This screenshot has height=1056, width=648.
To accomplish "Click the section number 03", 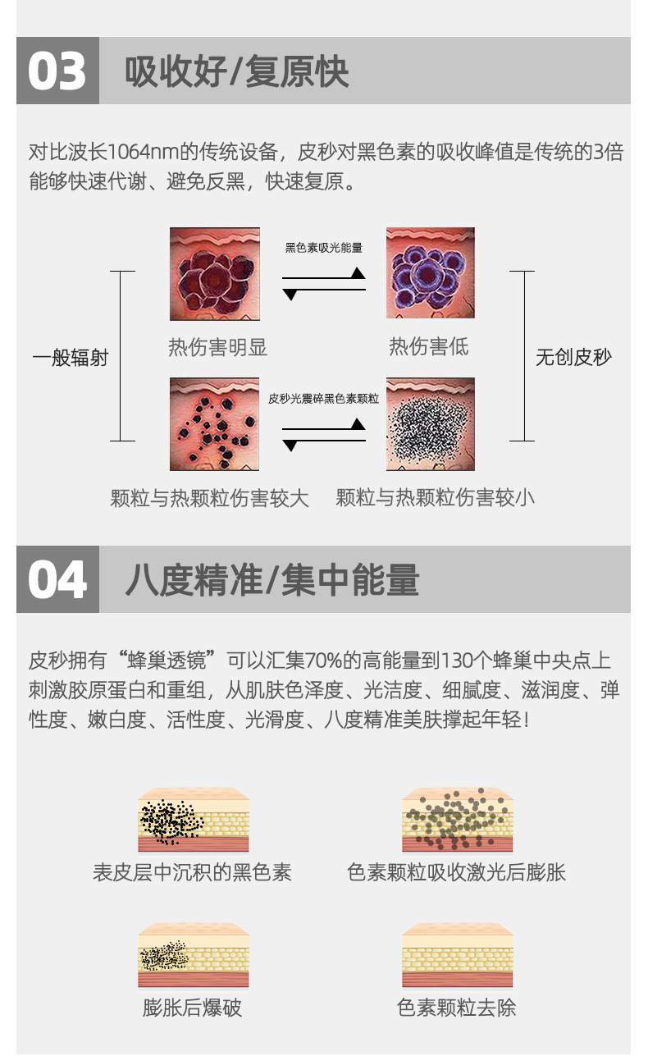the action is pos(57,71).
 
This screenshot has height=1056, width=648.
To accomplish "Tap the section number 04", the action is pos(57,580).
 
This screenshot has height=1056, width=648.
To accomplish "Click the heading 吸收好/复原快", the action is pos(237,71).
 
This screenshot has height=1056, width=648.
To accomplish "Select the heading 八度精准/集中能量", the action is pos(272,580).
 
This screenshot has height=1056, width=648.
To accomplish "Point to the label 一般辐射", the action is pos(71,358).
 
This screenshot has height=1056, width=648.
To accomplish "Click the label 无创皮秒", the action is pos(573,358).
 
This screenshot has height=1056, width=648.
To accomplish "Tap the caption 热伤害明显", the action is pos(217,347).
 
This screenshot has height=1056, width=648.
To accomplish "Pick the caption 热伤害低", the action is pos(428,347).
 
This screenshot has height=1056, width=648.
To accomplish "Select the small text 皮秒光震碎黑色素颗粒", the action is pos(323,399).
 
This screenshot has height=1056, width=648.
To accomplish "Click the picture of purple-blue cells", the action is pos(430,273).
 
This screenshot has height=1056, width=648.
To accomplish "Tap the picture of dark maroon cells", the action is pos(214,273).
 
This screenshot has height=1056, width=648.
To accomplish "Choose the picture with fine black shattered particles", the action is pos(430,423).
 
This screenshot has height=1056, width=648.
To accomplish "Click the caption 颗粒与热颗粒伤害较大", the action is pos(209,497).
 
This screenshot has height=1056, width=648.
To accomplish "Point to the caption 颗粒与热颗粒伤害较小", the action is pos(435,497).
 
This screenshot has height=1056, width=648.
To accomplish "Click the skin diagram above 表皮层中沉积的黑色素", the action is pos(193,820).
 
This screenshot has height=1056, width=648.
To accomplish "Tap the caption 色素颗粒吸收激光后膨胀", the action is pos(456,872).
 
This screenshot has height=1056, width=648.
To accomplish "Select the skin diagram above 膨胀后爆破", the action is pos(193,956).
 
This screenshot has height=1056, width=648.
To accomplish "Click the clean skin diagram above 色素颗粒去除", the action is pos(457,956).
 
